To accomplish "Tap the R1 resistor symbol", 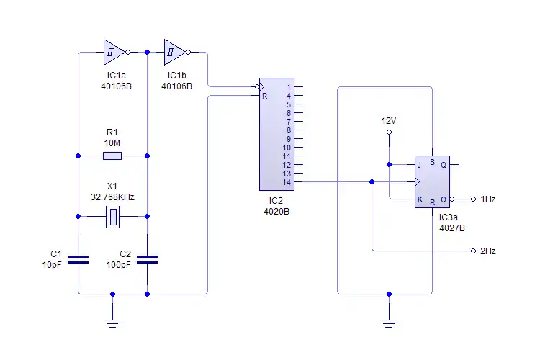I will coord(112,156).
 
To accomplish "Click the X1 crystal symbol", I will coord(112,216).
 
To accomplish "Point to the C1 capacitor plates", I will coord(78,259).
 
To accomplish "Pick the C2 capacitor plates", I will coord(147,259).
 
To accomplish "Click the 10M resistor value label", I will coord(112,143).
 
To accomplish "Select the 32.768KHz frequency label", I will coord(112,196).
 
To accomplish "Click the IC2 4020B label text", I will coord(276,212).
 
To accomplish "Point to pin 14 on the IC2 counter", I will coord(287,182).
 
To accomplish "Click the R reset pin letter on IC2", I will coord(265,96).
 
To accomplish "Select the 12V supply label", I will coord(389,121).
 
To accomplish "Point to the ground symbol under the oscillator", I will coord(112,321).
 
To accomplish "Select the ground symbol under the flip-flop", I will coord(389,321).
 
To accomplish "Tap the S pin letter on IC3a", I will coord(432,163).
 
